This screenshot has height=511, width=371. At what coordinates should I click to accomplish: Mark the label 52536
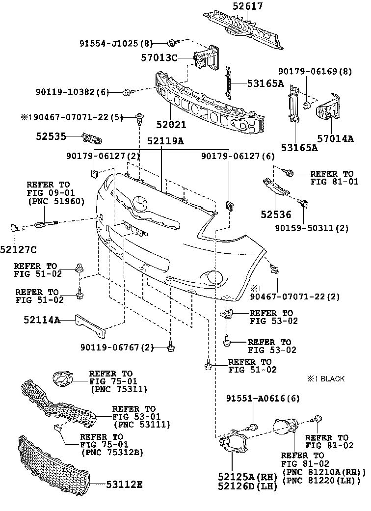(x=276, y=215)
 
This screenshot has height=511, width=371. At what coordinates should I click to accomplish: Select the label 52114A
(x=42, y=320)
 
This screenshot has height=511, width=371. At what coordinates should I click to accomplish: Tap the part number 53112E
(x=124, y=484)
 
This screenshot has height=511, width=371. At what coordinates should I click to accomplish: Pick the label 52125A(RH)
(x=248, y=476)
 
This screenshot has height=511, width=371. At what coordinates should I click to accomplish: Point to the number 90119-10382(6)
(x=72, y=91)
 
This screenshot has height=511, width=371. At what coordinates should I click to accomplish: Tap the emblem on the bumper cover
(x=139, y=202)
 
